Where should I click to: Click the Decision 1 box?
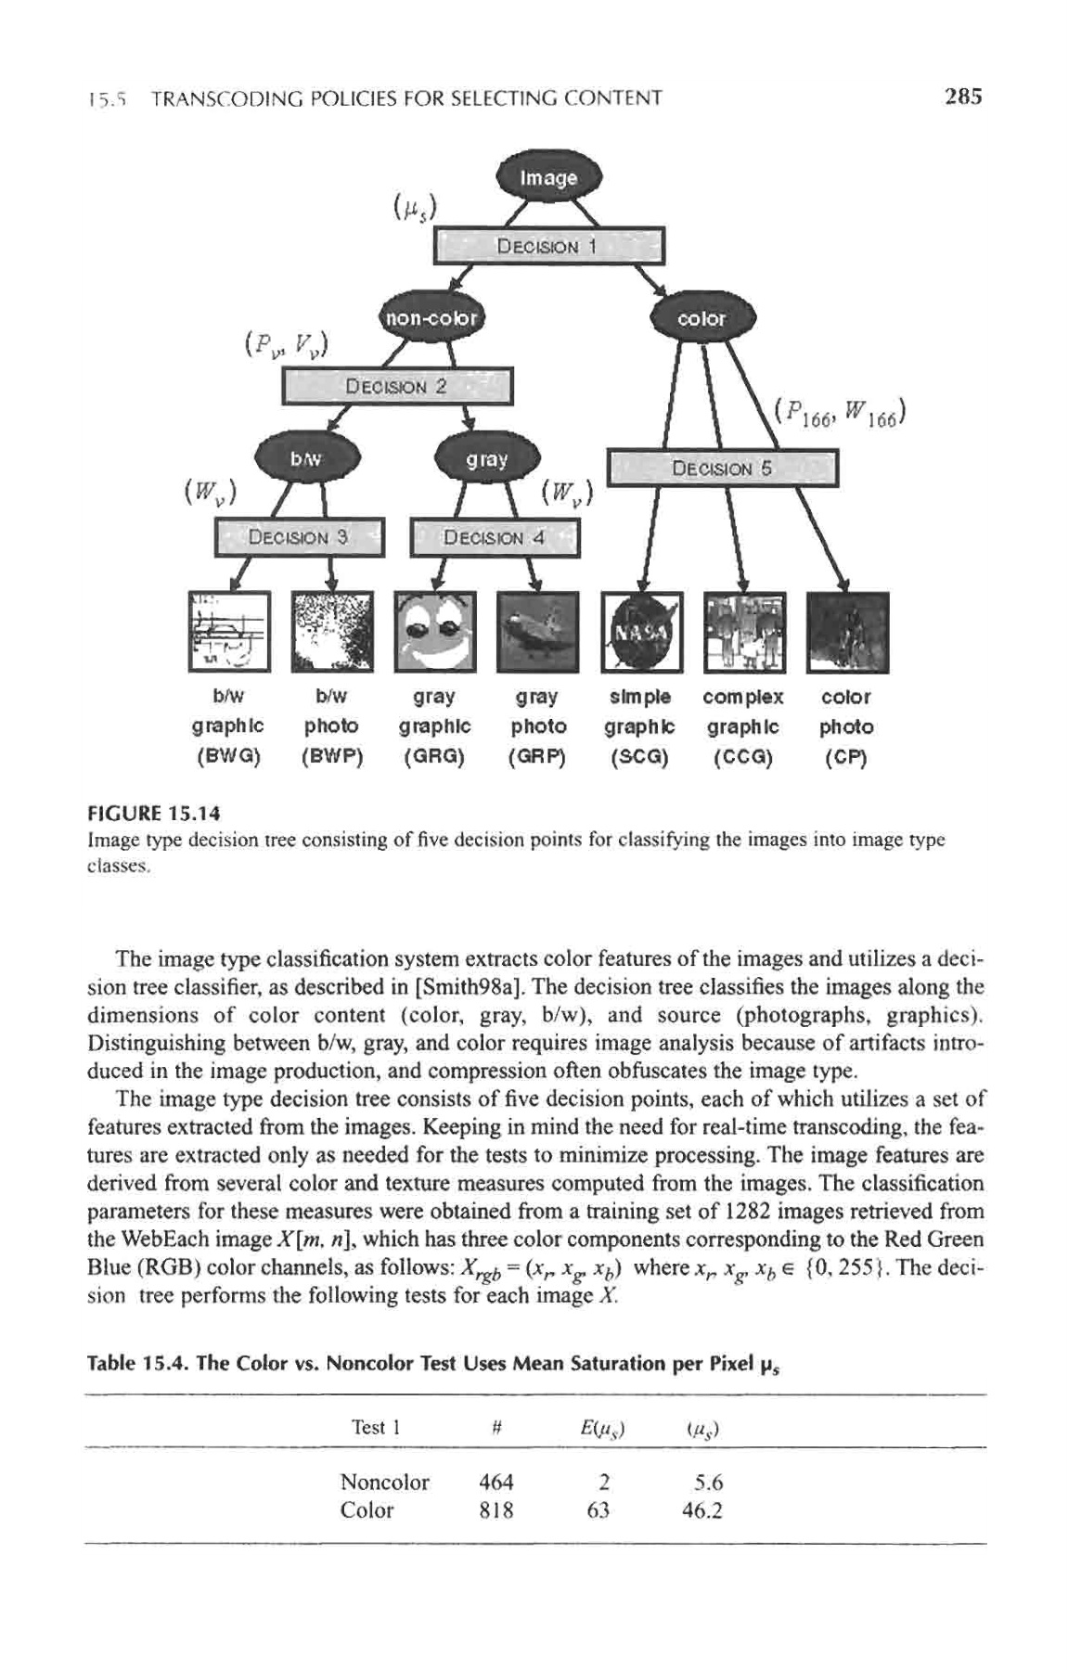coord(550,246)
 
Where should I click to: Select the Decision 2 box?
coord(397,387)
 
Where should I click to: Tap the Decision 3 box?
coord(299,537)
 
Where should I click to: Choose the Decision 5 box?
coord(722,469)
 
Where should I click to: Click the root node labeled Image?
coord(550,177)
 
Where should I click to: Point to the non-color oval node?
coord(432,318)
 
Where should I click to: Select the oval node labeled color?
coord(703,318)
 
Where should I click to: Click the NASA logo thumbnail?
coord(641,632)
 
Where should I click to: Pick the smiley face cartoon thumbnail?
coord(436,632)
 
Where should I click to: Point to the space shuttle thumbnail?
coord(538,632)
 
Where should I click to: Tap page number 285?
coord(962,96)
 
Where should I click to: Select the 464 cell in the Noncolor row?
coord(495,1482)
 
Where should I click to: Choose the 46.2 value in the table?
coord(701,1509)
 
